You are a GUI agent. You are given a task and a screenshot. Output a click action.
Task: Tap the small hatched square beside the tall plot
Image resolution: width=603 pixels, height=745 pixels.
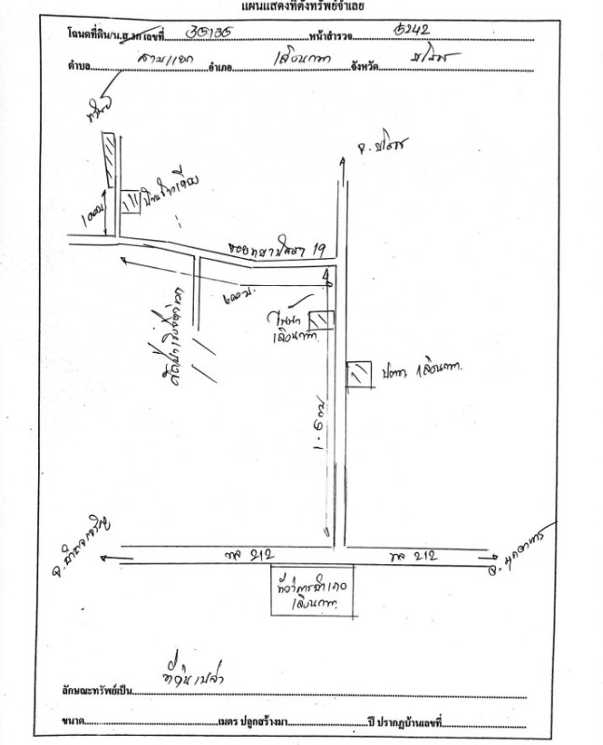pyautogui.click(x=128, y=202)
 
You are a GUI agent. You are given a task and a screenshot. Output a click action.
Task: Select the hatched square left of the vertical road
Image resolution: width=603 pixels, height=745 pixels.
pyautogui.click(x=322, y=319)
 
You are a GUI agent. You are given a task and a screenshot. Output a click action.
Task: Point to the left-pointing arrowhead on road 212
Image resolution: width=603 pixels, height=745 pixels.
pyautogui.click(x=101, y=558)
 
